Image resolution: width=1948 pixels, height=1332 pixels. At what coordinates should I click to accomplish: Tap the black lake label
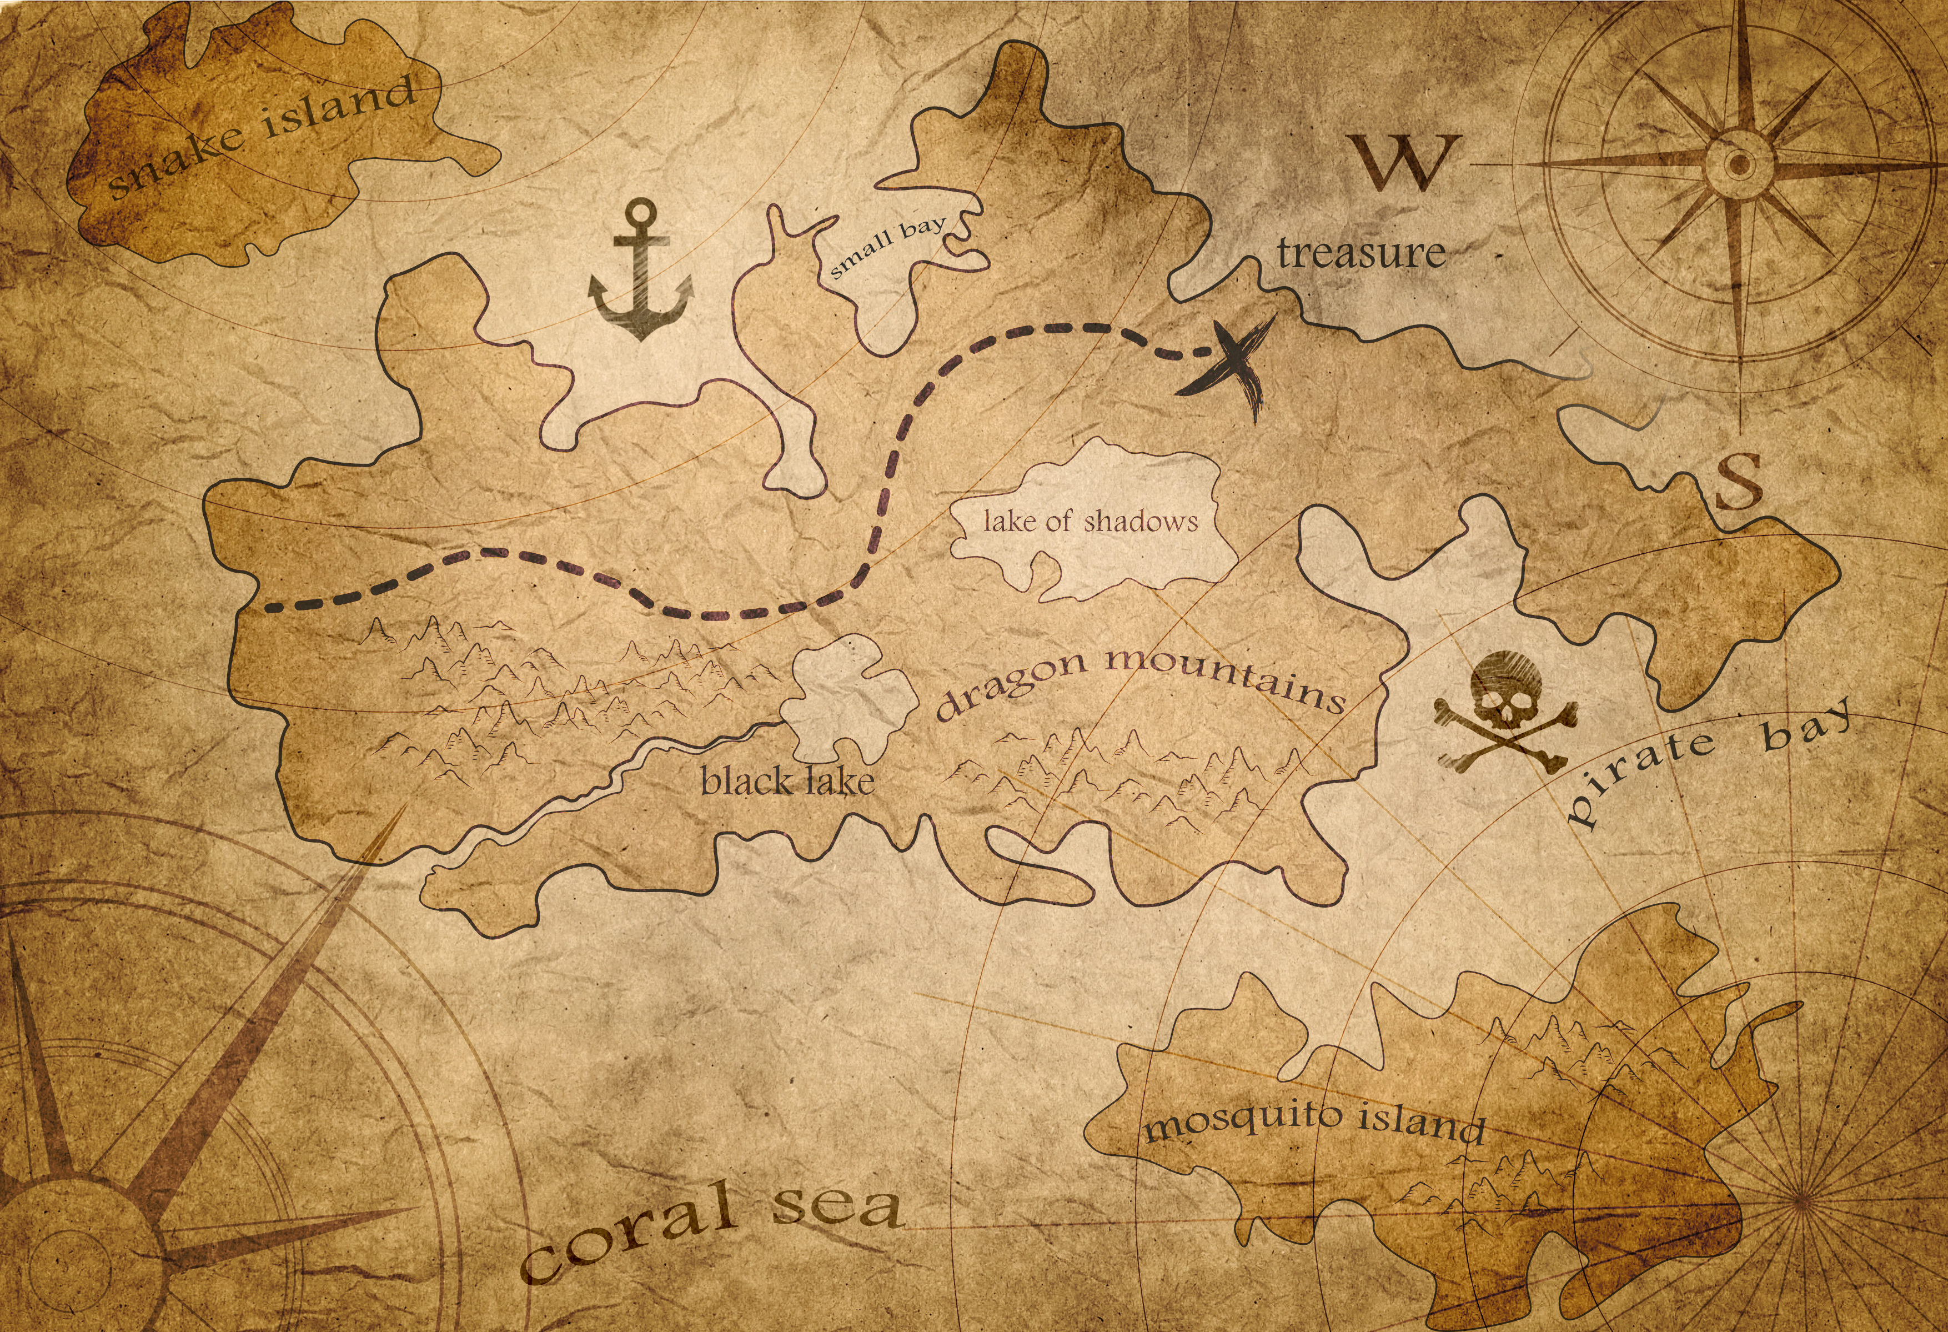click(x=787, y=782)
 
